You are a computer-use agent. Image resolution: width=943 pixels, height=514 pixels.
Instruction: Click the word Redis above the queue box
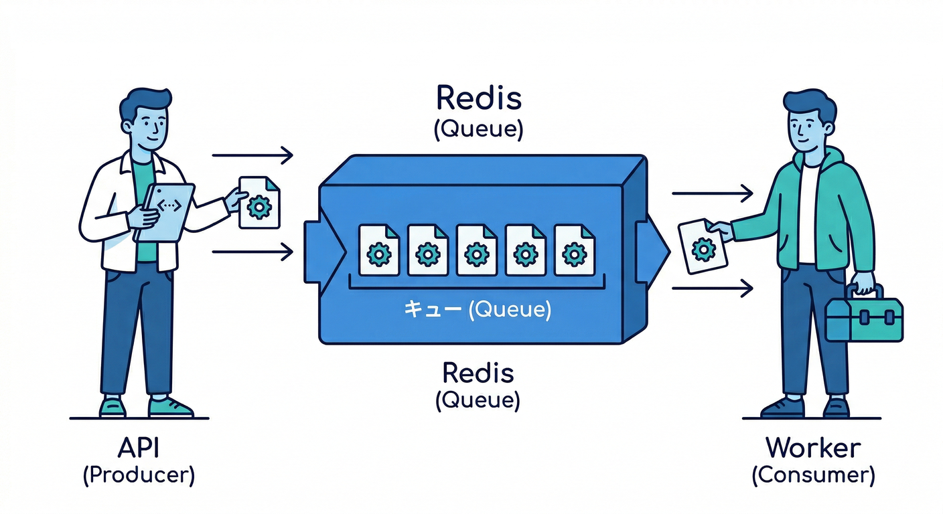point(478,98)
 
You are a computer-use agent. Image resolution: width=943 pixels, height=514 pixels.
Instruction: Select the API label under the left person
point(139,447)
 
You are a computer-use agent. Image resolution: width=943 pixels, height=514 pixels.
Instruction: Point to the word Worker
point(813,447)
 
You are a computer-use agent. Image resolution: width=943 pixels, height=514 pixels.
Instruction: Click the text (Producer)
point(139,475)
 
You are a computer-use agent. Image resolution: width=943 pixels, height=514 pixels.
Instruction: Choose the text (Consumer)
point(813,475)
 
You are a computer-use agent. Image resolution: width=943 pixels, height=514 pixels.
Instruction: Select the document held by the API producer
point(259,202)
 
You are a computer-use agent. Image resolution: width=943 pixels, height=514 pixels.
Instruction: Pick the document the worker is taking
point(703,246)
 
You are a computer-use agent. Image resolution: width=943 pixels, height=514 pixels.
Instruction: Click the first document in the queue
point(379,250)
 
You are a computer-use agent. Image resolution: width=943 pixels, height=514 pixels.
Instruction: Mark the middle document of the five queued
point(476,250)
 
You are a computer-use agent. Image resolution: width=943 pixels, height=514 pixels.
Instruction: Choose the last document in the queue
point(574,250)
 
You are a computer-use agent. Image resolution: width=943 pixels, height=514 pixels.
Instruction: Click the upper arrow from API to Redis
point(252,156)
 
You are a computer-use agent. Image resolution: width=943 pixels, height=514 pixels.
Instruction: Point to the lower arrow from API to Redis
point(252,252)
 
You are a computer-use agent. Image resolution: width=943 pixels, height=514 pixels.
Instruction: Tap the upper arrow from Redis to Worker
point(713,194)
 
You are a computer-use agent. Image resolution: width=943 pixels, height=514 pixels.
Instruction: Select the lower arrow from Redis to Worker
point(713,288)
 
